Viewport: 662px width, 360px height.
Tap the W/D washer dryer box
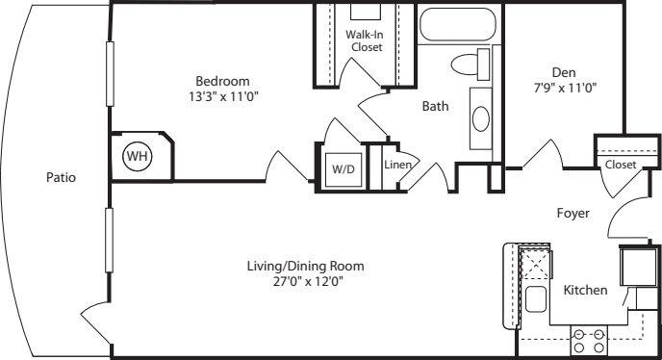[x=344, y=169]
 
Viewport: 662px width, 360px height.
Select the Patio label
[x=61, y=177]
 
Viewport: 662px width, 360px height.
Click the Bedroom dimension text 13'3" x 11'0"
[x=223, y=97]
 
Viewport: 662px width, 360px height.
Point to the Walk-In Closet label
[x=366, y=40]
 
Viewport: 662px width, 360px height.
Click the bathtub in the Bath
[x=458, y=24]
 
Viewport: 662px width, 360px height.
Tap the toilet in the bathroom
[x=471, y=64]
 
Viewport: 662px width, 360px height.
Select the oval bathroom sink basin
[x=481, y=118]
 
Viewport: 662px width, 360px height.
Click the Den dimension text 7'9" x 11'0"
[x=565, y=88]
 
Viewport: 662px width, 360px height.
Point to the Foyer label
[x=573, y=213]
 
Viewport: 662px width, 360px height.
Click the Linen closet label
[x=397, y=165]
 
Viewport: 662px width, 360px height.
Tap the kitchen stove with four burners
[x=589, y=341]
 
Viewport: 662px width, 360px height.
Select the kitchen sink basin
[x=536, y=298]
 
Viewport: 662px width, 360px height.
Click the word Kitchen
[x=586, y=290]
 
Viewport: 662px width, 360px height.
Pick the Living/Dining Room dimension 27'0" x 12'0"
[x=308, y=281]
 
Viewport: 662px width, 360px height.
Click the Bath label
[x=435, y=106]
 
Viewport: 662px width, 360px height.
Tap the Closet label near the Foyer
[x=621, y=165]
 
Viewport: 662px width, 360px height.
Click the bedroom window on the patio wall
[x=111, y=73]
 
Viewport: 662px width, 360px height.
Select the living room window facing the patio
[x=110, y=240]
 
